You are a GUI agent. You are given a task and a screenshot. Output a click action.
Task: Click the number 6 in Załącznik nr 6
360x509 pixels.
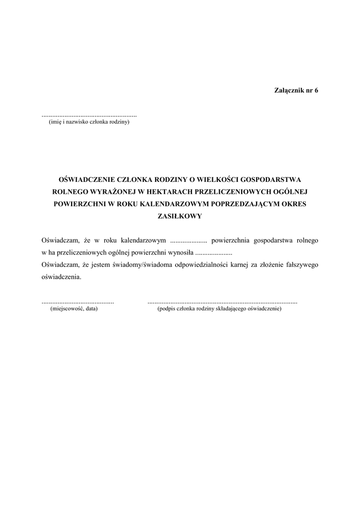(316, 90)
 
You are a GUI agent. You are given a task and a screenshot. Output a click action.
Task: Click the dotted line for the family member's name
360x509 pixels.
(89, 114)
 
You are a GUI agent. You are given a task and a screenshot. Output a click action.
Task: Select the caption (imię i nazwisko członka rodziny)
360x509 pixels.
(89, 122)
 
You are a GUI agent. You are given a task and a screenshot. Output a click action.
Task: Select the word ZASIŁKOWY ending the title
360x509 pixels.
(180, 216)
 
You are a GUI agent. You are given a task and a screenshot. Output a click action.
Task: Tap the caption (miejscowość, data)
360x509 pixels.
(74, 309)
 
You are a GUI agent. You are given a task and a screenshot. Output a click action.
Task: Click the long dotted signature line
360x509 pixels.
(222, 302)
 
